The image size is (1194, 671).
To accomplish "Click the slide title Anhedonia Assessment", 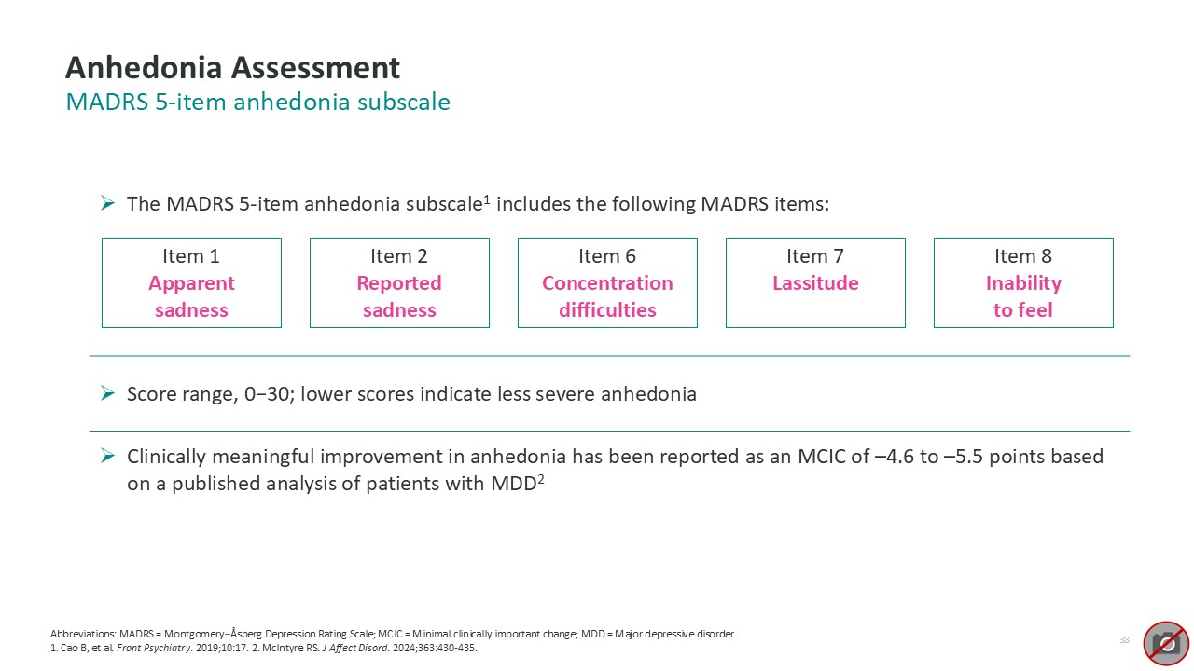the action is click(232, 68).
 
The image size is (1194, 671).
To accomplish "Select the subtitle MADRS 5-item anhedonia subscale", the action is click(258, 102).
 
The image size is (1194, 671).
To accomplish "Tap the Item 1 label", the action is click(191, 256).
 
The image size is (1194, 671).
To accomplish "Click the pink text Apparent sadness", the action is click(191, 296).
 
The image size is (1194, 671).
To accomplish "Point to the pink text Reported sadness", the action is click(399, 296).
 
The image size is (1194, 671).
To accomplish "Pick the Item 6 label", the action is click(607, 256).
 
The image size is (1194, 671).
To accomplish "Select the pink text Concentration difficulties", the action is click(607, 296).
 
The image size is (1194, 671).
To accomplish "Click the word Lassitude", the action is click(815, 282).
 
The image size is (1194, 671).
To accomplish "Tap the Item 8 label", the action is click(1023, 256).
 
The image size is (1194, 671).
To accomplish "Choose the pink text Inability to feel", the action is click(1023, 296).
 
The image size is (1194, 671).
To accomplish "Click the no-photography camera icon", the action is click(1166, 643).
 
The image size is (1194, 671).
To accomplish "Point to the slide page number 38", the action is click(1124, 639).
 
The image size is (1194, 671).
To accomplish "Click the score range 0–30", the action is click(267, 394).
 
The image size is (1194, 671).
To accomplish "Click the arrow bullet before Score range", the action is click(107, 393).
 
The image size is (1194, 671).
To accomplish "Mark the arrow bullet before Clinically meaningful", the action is click(107, 456).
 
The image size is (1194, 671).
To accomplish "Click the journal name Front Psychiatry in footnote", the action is click(154, 648).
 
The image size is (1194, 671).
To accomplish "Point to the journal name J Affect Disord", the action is click(355, 648).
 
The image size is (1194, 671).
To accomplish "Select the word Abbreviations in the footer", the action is click(83, 634).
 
